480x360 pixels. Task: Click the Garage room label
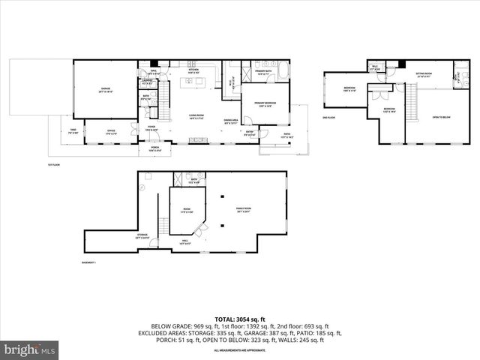coord(106,90)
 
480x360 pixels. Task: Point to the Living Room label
coord(197,116)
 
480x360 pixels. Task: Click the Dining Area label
coord(231,121)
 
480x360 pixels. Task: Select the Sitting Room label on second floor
coord(424,75)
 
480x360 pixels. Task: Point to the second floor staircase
coord(410,101)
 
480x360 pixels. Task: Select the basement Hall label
coord(185,242)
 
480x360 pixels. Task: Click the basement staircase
coord(160,225)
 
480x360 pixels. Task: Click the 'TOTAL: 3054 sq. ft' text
coord(240,319)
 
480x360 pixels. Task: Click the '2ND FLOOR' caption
coord(328,118)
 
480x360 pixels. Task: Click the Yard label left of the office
coord(73,130)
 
